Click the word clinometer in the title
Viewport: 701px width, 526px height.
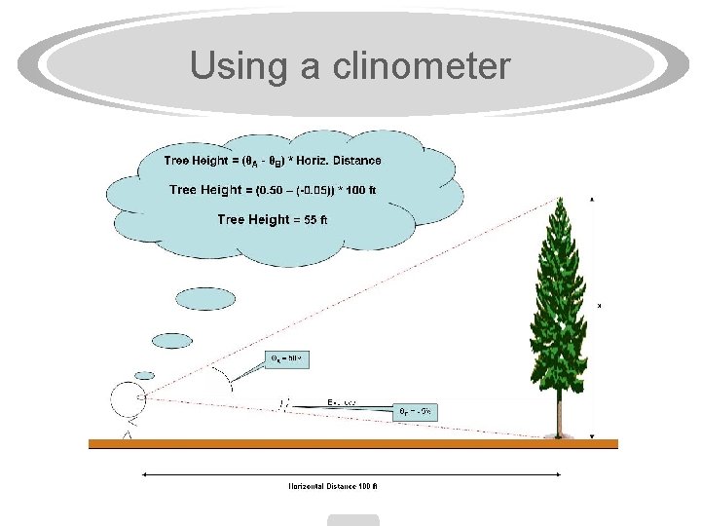[x=422, y=66]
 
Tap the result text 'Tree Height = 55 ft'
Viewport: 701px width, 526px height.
[x=272, y=220]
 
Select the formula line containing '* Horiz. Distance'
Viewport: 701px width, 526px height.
[x=273, y=161]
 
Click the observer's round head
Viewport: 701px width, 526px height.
[x=128, y=398]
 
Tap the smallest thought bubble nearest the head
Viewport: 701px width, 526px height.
[x=144, y=375]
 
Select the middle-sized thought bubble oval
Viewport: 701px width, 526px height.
[x=172, y=341]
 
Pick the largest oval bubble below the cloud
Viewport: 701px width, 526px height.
[x=205, y=299]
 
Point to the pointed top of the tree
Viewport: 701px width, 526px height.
[x=561, y=201]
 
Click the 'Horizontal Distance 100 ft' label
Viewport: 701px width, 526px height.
[x=332, y=486]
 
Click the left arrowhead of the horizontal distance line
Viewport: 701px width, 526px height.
[x=145, y=474]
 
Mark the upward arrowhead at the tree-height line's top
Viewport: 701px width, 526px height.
[x=591, y=199]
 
